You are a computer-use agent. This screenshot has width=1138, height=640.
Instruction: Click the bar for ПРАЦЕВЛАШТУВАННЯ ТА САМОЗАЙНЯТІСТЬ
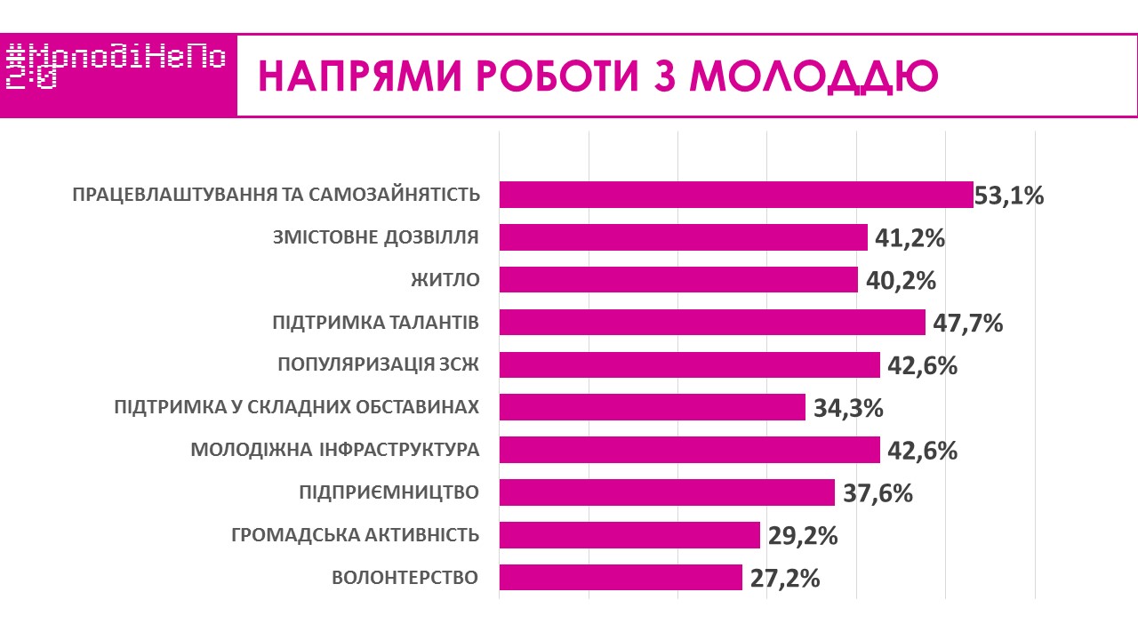[x=736, y=195]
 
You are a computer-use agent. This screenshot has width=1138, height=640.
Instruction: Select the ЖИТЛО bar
[x=678, y=280]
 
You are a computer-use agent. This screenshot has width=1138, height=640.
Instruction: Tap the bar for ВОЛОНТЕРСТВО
[x=621, y=578]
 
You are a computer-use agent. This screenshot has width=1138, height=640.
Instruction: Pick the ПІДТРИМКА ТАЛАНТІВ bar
[x=712, y=323]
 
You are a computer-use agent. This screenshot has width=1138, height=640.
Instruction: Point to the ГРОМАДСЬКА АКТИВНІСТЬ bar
[x=629, y=535]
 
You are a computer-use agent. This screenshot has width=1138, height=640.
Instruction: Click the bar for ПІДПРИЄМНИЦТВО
[x=667, y=492]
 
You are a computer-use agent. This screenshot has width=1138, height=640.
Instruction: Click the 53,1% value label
[x=1009, y=196]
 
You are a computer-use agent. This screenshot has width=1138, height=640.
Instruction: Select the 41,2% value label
[x=910, y=238]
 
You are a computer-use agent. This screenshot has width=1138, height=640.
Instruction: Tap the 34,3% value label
[x=848, y=409]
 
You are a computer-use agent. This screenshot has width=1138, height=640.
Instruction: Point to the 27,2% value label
[x=784, y=579]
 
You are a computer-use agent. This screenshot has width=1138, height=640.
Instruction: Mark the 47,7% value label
[x=968, y=324]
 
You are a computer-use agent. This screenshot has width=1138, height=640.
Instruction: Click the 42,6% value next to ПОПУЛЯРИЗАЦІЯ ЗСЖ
[x=923, y=366]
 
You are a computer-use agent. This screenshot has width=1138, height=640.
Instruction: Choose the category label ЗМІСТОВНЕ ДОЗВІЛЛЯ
[x=374, y=237]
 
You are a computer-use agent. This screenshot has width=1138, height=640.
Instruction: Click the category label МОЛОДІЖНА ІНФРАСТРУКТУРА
[x=335, y=450]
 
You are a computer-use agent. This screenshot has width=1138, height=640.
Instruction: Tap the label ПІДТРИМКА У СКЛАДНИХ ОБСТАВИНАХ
[x=297, y=407]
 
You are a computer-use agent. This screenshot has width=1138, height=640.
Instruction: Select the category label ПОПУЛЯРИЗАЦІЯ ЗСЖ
[x=378, y=364]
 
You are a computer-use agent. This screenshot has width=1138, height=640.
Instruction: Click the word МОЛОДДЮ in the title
[x=814, y=77]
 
